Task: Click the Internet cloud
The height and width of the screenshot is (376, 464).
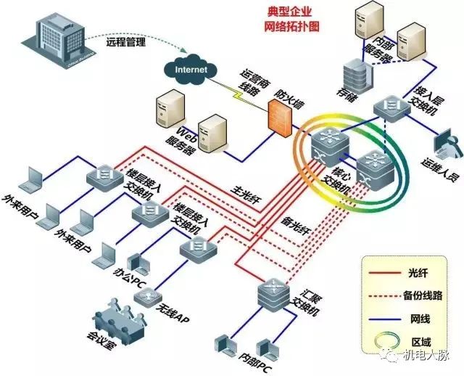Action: [190, 69]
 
